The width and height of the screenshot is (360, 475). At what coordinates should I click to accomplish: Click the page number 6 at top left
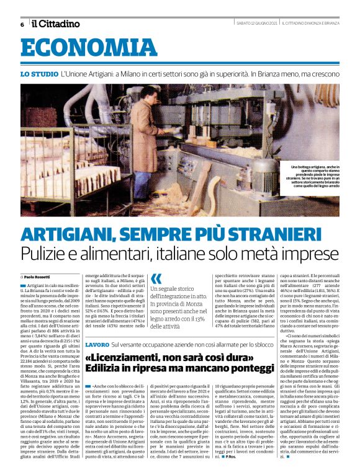[22, 24]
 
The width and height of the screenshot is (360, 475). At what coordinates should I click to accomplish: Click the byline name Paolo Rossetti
[37, 277]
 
